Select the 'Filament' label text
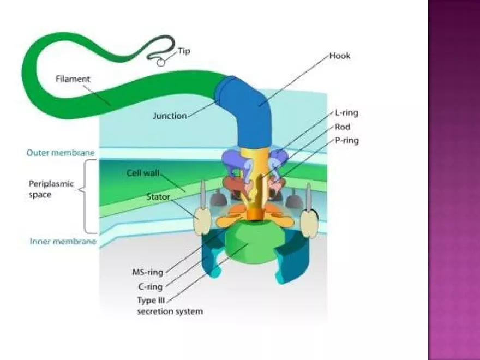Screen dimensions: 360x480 pos(73,79)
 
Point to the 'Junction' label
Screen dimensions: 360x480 pos(170,116)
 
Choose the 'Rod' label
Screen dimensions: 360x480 pos(342,127)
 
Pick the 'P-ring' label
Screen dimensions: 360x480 pos(347,140)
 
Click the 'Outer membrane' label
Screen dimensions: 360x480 pos(61,153)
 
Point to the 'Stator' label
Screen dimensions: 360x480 pos(158,194)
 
